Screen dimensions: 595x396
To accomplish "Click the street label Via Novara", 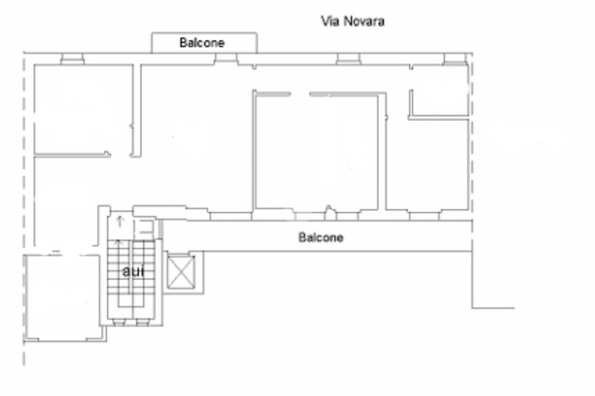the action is click(x=353, y=21).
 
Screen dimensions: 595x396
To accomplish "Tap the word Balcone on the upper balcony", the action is click(x=202, y=42).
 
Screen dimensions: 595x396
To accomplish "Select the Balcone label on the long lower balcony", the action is click(x=321, y=237).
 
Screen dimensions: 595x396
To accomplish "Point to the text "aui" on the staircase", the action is click(x=134, y=271).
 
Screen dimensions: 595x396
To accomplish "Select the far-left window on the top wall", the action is click(x=72, y=58).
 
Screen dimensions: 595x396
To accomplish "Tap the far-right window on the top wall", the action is click(x=454, y=58).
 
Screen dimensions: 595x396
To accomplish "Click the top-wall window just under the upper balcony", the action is click(x=226, y=58).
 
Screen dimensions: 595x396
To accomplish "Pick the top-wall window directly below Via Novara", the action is click(x=349, y=58).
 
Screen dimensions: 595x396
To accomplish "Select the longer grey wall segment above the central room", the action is click(x=346, y=93).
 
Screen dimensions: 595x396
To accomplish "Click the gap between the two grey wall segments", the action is click(x=300, y=93).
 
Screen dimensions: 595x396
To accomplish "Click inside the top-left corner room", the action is click(x=83, y=107).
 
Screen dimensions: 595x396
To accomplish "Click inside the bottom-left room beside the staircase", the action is click(x=63, y=296).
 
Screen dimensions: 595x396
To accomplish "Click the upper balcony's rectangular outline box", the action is click(x=204, y=35).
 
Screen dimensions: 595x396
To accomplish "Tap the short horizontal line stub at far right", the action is click(x=494, y=308).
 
